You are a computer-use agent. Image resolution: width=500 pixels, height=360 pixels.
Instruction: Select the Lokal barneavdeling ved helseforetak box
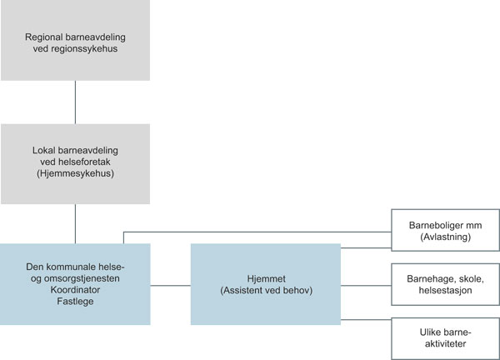tap(75, 163)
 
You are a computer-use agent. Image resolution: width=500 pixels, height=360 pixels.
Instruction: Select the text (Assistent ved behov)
tap(266, 290)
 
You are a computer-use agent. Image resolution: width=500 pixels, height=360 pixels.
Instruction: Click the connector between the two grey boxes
tap(75, 102)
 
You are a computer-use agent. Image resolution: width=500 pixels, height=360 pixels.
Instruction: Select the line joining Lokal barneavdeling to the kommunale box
tap(75, 222)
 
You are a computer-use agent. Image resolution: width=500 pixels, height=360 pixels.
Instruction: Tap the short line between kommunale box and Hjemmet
tap(170, 285)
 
